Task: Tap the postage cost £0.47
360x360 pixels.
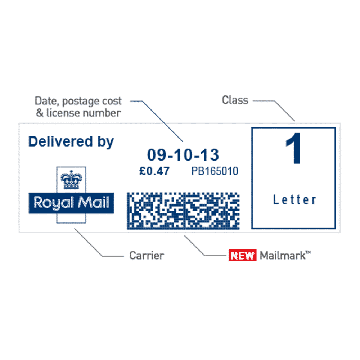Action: [x=154, y=171]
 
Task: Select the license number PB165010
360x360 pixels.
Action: [x=215, y=171]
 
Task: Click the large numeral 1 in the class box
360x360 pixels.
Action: [x=293, y=149]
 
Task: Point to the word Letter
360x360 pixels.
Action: [x=294, y=200]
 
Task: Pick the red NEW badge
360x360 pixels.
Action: [x=243, y=256]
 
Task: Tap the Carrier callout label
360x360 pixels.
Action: [x=147, y=256]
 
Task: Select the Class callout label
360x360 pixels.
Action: [x=235, y=100]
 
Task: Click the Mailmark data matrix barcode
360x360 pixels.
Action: [x=183, y=211]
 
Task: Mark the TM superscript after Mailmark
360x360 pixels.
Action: [x=309, y=253]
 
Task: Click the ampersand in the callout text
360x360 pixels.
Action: [x=40, y=113]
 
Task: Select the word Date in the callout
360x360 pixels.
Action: [x=46, y=101]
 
